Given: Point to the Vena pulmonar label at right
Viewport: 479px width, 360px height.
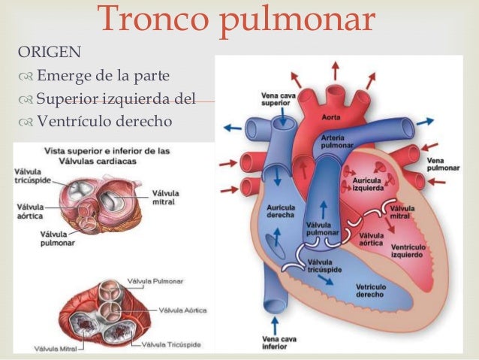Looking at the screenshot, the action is [442, 164].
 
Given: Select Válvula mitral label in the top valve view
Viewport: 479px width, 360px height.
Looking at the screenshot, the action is [167, 197].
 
